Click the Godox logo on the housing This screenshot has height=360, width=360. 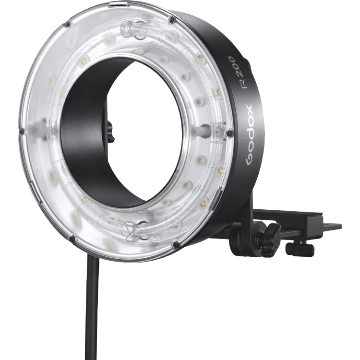coord(249,135)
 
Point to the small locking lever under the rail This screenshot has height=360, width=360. coord(300,249)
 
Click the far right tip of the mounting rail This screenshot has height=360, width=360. coord(341,225)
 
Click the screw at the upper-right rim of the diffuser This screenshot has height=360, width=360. coord(170,21)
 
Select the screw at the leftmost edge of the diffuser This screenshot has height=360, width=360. coord(21,131)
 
